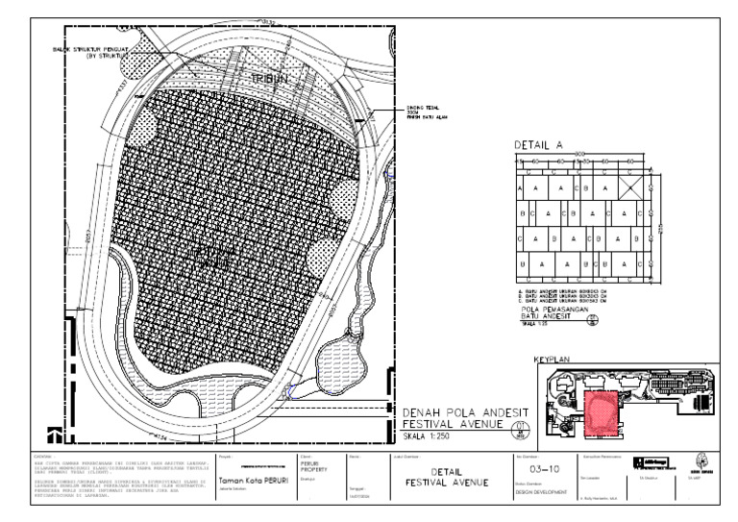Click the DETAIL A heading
[538, 144]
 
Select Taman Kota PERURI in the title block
[253, 480]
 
